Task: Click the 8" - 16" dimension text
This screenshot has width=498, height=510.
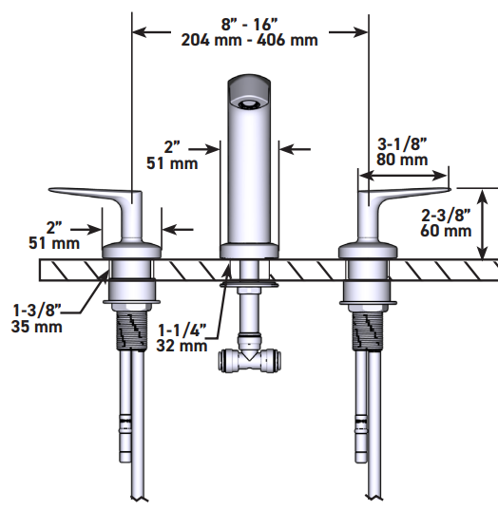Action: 249,23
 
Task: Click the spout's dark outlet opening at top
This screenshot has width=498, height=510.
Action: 250,97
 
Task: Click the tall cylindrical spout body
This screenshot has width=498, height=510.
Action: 248,180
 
